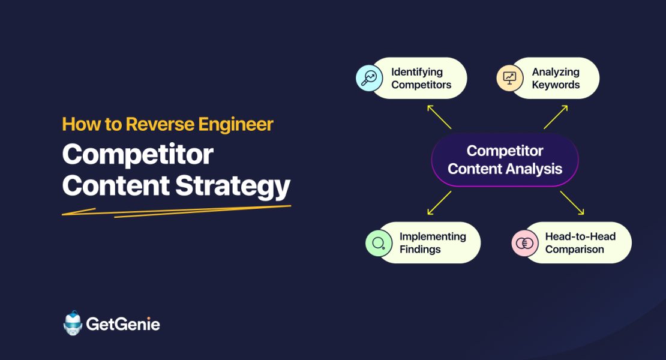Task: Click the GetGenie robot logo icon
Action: point(73,323)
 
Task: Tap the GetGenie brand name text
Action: point(123,325)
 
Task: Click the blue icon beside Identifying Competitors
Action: point(369,78)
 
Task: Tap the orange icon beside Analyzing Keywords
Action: point(509,78)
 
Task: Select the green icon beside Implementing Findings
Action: point(379,243)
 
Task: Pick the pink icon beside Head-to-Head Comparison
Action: point(524,243)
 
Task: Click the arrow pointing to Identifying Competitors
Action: point(439,116)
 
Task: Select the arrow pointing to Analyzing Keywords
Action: point(556,116)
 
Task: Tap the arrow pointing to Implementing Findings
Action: point(439,203)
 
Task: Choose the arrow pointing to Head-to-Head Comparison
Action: point(572,203)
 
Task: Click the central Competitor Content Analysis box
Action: point(505,160)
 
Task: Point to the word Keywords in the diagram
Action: point(556,85)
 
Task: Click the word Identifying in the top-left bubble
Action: point(417,72)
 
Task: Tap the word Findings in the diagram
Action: point(420,249)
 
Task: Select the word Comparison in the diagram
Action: point(574,249)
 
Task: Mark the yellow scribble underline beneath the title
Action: point(174,211)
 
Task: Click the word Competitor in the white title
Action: point(137,155)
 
